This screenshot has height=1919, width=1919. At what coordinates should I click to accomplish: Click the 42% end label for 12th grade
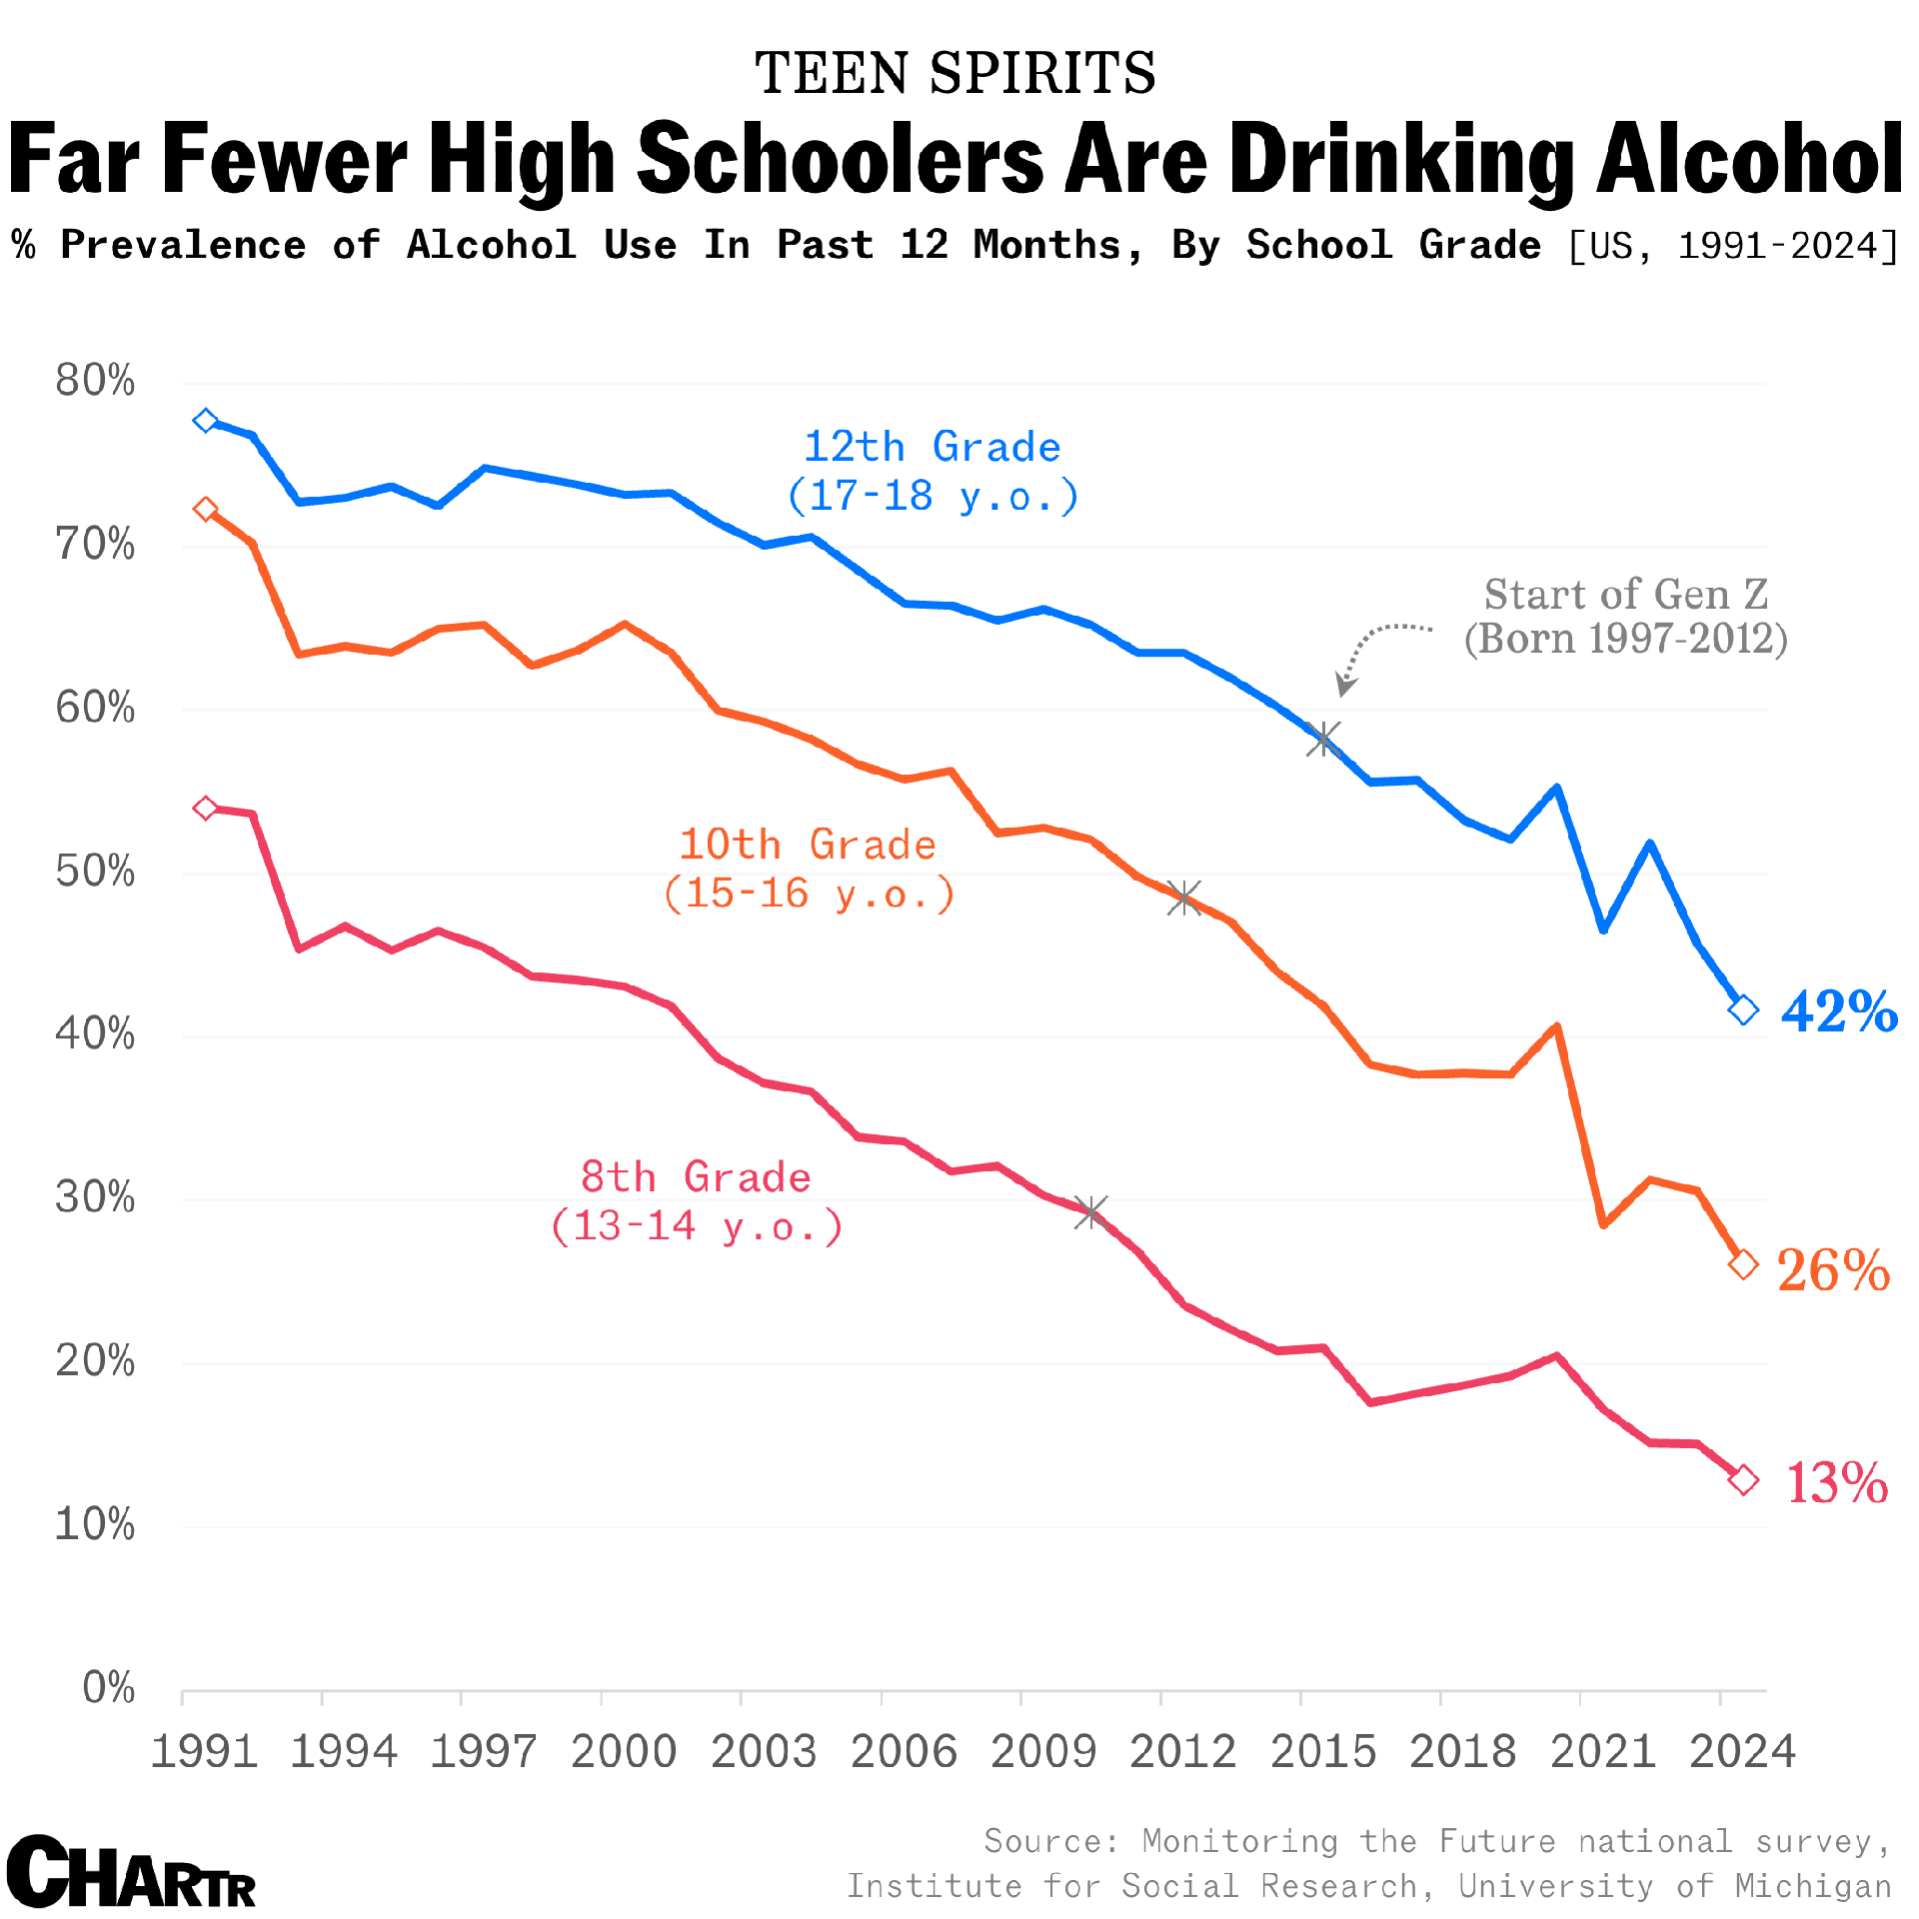(x=1839, y=1011)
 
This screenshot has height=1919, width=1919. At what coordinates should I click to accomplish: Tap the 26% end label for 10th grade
(x=1833, y=1270)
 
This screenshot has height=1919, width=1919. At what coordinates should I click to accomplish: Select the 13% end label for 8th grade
(x=1836, y=1482)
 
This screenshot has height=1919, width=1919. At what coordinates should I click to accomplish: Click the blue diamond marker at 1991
(x=206, y=421)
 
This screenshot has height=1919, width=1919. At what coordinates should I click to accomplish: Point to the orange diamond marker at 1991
(x=206, y=510)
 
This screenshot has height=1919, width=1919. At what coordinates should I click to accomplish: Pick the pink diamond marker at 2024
(x=1743, y=1480)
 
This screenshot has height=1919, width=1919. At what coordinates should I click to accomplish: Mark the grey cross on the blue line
(x=1323, y=740)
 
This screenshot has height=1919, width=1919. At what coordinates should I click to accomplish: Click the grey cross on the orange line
(x=1184, y=897)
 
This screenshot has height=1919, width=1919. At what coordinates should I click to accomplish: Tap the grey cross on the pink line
(x=1090, y=1213)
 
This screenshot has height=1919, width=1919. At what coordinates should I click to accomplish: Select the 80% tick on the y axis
(x=95, y=381)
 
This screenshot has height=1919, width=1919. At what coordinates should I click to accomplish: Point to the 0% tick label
(x=108, y=1687)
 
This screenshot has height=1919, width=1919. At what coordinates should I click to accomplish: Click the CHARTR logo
(x=131, y=1872)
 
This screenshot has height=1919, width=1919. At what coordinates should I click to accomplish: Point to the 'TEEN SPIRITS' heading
(x=955, y=73)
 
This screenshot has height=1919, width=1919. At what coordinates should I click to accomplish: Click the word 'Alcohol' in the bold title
(x=1749, y=160)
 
